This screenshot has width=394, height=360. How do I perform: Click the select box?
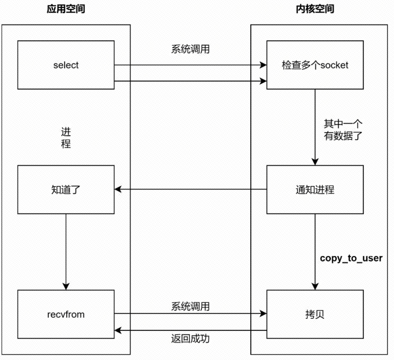click(x=66, y=65)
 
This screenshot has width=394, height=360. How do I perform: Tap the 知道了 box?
click(x=66, y=189)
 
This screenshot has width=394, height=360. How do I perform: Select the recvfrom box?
click(x=66, y=314)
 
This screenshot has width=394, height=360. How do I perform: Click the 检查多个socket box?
click(x=315, y=65)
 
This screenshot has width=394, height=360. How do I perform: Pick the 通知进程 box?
click(x=315, y=189)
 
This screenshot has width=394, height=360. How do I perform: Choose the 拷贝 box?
click(x=315, y=314)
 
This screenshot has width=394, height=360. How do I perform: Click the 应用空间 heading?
click(x=66, y=10)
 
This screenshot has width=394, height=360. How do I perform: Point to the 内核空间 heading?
click(x=315, y=10)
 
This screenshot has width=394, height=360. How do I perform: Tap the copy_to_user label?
click(x=351, y=258)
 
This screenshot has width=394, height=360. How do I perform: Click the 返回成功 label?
click(x=190, y=338)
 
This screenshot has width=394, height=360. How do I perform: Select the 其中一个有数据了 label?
click(x=343, y=130)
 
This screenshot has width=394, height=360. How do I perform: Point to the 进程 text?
click(x=66, y=137)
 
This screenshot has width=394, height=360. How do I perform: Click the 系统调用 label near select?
click(x=190, y=50)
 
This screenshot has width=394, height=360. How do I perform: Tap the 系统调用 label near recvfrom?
click(x=190, y=306)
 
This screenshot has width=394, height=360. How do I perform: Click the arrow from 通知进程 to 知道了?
click(x=190, y=189)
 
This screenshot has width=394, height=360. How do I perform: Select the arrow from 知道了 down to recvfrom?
click(x=66, y=251)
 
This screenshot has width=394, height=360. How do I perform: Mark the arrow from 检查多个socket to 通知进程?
click(x=316, y=127)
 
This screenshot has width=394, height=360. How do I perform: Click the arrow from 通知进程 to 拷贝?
click(x=316, y=251)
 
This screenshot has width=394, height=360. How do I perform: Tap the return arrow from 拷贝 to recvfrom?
click(x=190, y=330)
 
